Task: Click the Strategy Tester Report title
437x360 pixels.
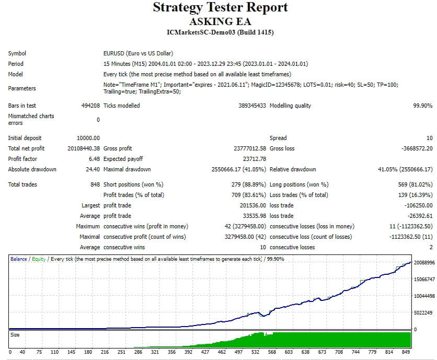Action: click(x=220, y=8)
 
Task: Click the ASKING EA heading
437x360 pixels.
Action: click(x=220, y=21)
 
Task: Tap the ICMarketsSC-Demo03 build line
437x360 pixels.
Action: click(x=220, y=32)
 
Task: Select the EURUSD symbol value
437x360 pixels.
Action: click(x=138, y=53)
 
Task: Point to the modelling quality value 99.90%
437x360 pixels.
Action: click(x=422, y=106)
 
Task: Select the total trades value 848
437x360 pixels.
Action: click(x=95, y=184)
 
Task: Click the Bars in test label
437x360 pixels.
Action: click(x=22, y=106)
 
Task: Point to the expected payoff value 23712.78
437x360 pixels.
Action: click(x=255, y=159)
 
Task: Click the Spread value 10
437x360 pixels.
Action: click(x=429, y=138)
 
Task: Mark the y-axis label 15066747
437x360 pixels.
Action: click(x=424, y=280)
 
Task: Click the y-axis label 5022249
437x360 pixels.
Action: click(x=423, y=313)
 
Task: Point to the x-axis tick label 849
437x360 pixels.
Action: click(x=407, y=352)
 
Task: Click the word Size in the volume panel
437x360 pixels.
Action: click(x=15, y=335)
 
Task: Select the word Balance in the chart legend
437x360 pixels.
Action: click(x=19, y=259)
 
